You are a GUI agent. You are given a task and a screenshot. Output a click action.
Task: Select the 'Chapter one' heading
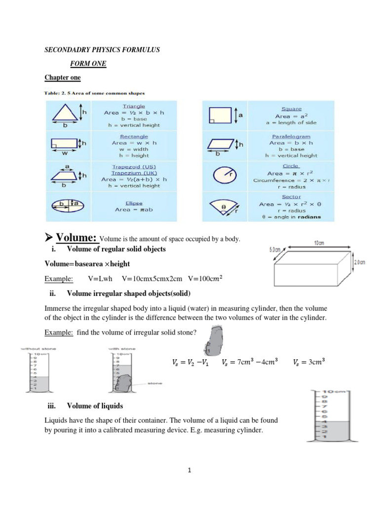pos(63,78)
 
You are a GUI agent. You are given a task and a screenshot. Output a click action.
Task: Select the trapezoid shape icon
pos(65,175)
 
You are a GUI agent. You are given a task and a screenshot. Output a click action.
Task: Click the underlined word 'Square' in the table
pos(291,109)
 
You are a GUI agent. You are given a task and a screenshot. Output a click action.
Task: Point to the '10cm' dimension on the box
pos(319,243)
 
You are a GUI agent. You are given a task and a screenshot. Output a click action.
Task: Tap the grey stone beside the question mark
pos(215,340)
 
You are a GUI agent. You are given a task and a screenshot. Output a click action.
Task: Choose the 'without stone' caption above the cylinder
pos(38,348)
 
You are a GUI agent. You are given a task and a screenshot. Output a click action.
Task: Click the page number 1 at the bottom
pos(189,470)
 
